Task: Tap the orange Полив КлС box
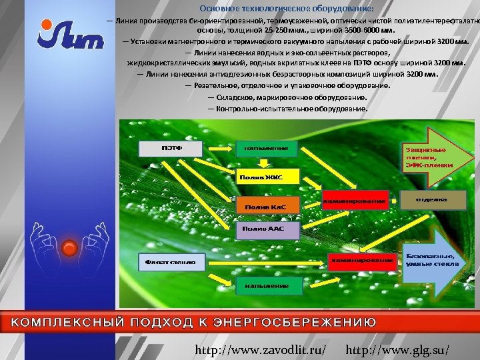point(265,207)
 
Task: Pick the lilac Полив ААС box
point(263,229)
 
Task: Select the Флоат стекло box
point(167,262)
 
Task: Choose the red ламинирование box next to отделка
point(355,199)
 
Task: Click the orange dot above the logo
point(45,25)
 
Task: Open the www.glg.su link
point(398,349)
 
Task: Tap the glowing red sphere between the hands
point(69,249)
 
